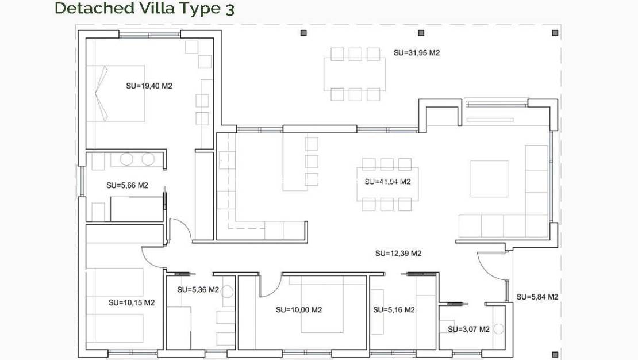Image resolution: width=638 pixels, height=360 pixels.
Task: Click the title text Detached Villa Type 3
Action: click(144, 9)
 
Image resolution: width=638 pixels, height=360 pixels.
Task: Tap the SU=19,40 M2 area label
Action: click(149, 86)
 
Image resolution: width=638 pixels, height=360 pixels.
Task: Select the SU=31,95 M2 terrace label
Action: click(417, 52)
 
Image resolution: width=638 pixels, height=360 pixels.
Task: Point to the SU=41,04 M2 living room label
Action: click(387, 182)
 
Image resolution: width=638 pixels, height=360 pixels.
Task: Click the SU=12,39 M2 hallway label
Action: click(398, 253)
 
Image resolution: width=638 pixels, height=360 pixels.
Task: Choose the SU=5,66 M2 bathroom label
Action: click(127, 185)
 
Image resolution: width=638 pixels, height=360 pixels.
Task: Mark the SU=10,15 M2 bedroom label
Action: click(132, 302)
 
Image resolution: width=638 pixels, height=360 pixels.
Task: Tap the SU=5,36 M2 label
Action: click(198, 290)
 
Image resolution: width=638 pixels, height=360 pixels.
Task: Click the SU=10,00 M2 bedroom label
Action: click(298, 309)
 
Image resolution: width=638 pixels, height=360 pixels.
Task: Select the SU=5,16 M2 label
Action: click(394, 309)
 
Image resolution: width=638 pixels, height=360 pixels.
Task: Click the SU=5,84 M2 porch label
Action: click(537, 297)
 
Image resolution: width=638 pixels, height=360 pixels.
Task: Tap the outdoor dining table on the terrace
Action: click(355, 74)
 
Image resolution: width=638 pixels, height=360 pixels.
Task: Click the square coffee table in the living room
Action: click(489, 179)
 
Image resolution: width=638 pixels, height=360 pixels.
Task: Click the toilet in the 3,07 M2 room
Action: click(498, 330)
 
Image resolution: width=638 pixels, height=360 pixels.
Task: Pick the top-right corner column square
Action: click(555, 33)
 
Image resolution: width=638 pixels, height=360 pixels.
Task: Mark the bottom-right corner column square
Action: click(555, 354)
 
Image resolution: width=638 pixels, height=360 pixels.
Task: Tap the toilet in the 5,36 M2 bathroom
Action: click(227, 292)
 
